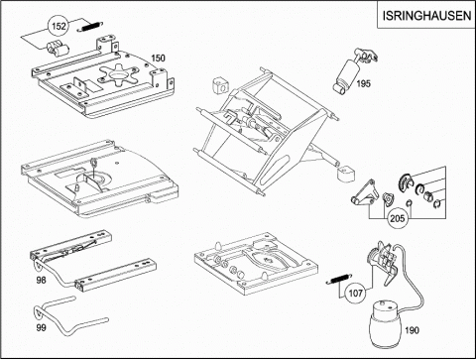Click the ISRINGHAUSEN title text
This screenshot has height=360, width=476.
point(426,16)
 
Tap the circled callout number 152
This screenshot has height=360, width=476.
point(59,26)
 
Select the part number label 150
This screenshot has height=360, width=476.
point(158,58)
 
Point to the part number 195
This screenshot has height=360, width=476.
point(363,83)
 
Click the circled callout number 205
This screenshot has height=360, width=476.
point(397,218)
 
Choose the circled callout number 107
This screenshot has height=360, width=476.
point(355,293)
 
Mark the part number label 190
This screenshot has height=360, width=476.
point(412,330)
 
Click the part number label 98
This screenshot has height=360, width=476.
point(41,280)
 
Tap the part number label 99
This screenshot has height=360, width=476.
point(41,327)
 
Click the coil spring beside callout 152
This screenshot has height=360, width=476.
point(90,27)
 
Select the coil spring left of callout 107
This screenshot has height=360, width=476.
point(339,279)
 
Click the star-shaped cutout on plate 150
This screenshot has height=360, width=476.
point(118,73)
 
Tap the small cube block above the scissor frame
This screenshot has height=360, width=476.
point(220,86)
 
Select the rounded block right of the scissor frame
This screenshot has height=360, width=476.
point(345,173)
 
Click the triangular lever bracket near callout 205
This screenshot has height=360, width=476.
point(364,193)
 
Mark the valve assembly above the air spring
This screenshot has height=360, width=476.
point(384,260)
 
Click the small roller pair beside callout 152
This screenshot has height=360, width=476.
point(57,50)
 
